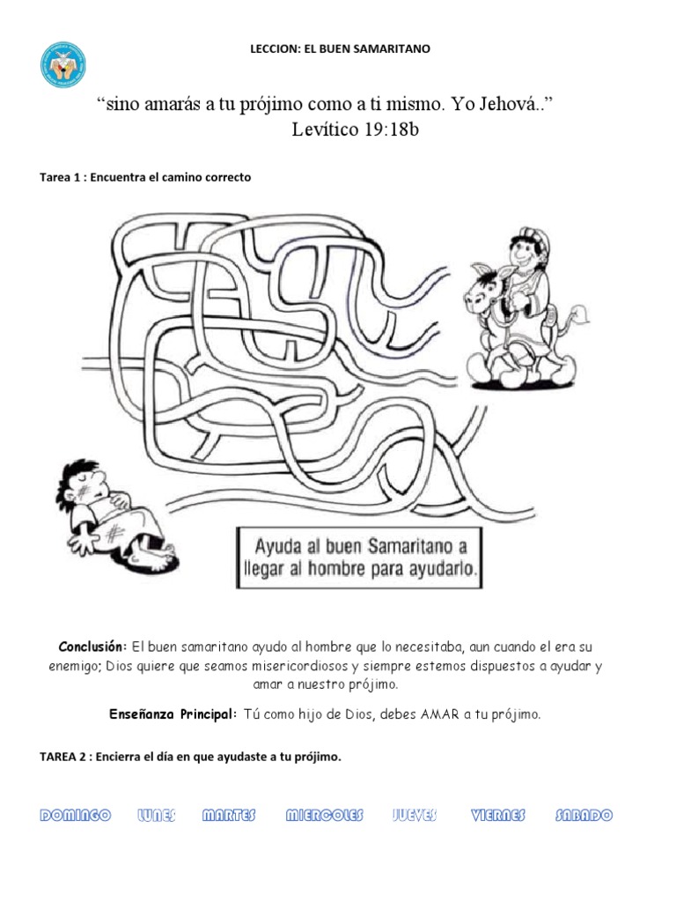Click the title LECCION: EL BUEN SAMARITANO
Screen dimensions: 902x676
click(x=341, y=49)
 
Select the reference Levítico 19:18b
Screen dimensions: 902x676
click(x=362, y=131)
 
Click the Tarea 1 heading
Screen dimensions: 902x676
click(x=145, y=177)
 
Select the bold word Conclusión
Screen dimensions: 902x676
click(x=93, y=648)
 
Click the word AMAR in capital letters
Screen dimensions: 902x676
click(x=440, y=714)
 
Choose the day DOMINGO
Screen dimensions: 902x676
click(x=75, y=816)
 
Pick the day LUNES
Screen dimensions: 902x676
click(x=157, y=816)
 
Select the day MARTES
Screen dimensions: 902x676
click(x=229, y=816)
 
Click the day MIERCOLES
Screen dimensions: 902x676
click(x=324, y=816)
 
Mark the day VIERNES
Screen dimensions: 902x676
click(x=497, y=816)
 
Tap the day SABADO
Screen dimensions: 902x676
click(x=584, y=816)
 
